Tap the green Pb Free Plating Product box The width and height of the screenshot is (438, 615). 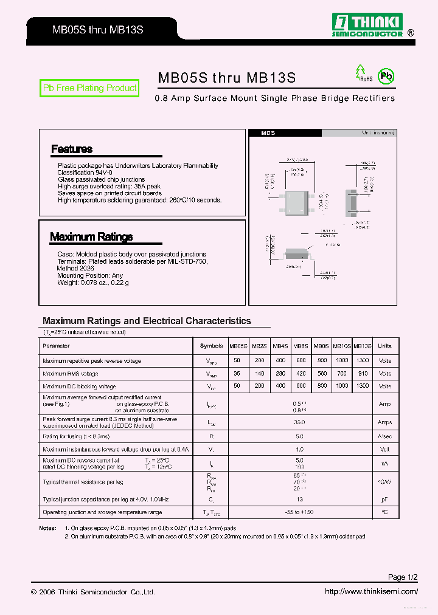pyautogui.click(x=89, y=88)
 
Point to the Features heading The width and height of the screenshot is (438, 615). pyautogui.click(x=72, y=149)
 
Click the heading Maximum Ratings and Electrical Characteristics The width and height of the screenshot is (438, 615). pyautogui.click(x=147, y=321)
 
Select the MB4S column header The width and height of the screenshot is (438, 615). pyautogui.click(x=280, y=346)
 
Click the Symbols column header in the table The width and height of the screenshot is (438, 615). pyautogui.click(x=211, y=346)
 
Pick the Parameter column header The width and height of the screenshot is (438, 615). pyautogui.click(x=56, y=346)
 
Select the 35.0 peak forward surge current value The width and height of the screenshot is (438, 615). pyautogui.click(x=299, y=422)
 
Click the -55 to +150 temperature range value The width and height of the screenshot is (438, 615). pyautogui.click(x=299, y=512)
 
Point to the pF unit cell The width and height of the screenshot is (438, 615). pyautogui.click(x=384, y=500)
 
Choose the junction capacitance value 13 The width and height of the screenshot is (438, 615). pyautogui.click(x=299, y=500)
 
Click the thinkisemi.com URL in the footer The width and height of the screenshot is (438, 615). pyautogui.click(x=371, y=591)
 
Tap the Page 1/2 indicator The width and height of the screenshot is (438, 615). pyautogui.click(x=403, y=577)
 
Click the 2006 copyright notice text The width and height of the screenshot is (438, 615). pyautogui.click(x=92, y=592)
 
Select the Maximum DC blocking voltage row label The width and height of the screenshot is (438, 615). pyautogui.click(x=79, y=387)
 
